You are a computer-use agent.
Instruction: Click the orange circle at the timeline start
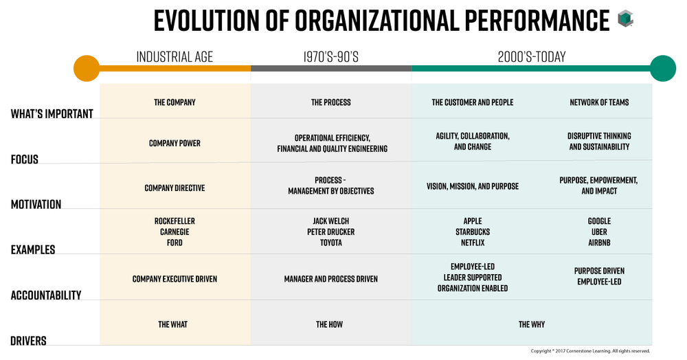pyautogui.click(x=87, y=69)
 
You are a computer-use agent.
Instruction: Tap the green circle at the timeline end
pyautogui.click(x=663, y=69)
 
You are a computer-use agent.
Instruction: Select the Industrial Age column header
pyautogui.click(x=174, y=57)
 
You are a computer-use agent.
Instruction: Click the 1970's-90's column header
pyautogui.click(x=330, y=57)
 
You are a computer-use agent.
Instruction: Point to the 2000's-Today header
pyautogui.click(x=532, y=57)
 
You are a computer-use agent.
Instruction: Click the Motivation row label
pyautogui.click(x=36, y=204)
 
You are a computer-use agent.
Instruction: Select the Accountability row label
pyautogui.click(x=46, y=295)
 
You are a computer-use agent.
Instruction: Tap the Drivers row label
pyautogui.click(x=28, y=341)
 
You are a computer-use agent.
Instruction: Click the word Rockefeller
pyautogui.click(x=174, y=221)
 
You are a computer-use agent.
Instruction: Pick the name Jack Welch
pyautogui.click(x=330, y=221)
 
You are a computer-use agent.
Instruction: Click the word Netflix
pyautogui.click(x=473, y=243)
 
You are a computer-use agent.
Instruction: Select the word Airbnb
pyautogui.click(x=599, y=243)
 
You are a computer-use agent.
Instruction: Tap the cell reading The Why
pyautogui.click(x=532, y=324)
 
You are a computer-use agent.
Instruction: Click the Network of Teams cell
pyautogui.click(x=599, y=102)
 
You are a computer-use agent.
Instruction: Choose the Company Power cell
pyautogui.click(x=174, y=144)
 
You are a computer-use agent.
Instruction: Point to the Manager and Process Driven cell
pyautogui.click(x=330, y=279)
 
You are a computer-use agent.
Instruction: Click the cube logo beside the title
pyautogui.click(x=625, y=19)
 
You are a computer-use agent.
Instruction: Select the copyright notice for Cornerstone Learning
pyautogui.click(x=590, y=351)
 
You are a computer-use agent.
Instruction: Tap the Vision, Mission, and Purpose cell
pyautogui.click(x=473, y=186)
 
